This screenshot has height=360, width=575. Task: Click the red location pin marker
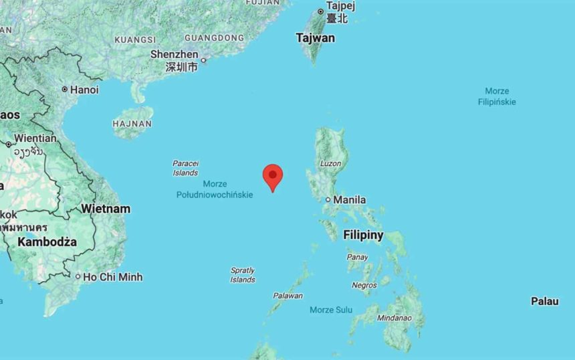(x=272, y=176)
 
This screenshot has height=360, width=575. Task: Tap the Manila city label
(x=349, y=199)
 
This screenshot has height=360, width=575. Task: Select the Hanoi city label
(x=84, y=90)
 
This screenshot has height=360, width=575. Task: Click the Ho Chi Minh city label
(x=113, y=277)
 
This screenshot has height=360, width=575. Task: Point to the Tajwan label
(x=316, y=38)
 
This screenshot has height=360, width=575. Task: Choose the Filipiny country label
(x=363, y=235)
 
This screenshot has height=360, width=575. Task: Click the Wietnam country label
(x=106, y=209)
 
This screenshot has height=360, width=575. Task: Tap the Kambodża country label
(x=47, y=242)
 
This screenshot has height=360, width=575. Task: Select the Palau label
(x=545, y=301)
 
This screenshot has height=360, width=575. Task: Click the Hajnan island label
(x=132, y=124)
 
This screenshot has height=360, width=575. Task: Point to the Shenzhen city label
(x=175, y=54)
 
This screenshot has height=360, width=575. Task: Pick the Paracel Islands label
(x=185, y=168)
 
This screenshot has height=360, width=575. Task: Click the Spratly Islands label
(x=243, y=275)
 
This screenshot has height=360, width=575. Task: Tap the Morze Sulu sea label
(x=331, y=310)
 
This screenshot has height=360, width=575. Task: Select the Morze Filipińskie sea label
(x=497, y=96)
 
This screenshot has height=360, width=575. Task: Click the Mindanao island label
(x=394, y=318)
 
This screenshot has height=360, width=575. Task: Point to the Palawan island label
(x=287, y=295)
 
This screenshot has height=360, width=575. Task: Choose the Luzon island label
(x=330, y=163)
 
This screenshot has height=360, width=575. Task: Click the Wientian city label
(x=35, y=138)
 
